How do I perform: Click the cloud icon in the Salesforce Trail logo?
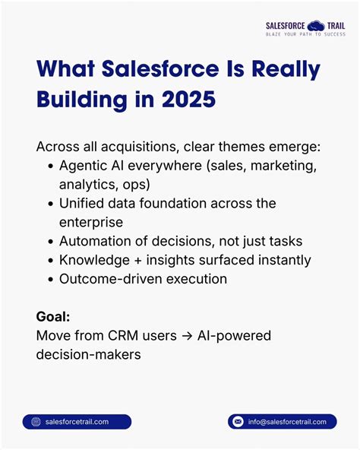[x=313, y=26]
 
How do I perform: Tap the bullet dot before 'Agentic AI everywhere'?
[x=51, y=166]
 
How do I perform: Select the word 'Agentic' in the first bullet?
[x=83, y=166]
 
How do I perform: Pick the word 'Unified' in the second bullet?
[x=83, y=204]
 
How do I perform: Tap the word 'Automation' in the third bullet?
[x=95, y=241]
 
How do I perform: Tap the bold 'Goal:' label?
[x=53, y=316]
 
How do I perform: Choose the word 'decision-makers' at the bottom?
[x=88, y=354]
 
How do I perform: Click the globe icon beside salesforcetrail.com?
[x=36, y=422]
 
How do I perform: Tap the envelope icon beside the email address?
[x=238, y=422]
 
